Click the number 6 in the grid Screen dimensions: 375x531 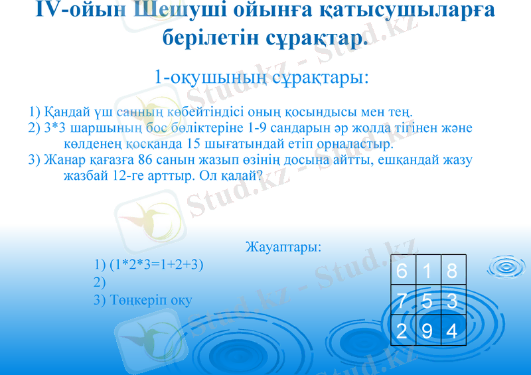[402, 271]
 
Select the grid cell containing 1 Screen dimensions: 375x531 [427, 271]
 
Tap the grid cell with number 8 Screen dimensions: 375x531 [453, 271]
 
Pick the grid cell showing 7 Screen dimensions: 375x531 [402, 301]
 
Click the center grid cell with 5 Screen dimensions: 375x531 [427, 301]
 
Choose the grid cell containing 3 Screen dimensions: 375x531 [453, 301]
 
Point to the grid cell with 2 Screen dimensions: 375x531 [402, 331]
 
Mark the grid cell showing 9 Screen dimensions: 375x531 [427, 331]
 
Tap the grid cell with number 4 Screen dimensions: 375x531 [453, 331]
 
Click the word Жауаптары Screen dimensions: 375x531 [283, 248]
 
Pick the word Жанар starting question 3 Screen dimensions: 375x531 [63, 160]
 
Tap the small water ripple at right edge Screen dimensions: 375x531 [507, 266]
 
